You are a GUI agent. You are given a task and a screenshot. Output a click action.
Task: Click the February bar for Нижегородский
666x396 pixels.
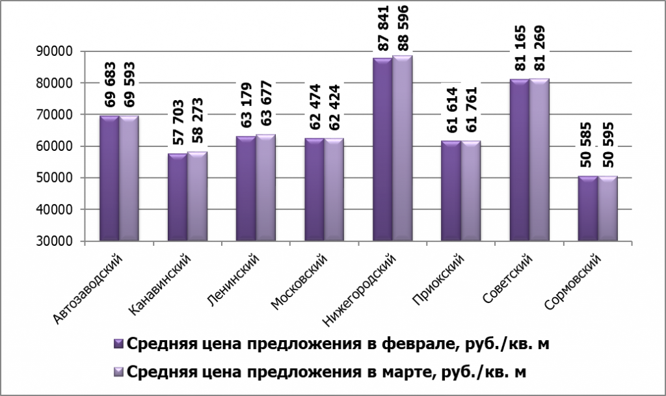pos(382,150)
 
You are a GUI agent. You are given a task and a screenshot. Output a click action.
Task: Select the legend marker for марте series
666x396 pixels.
pos(118,371)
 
